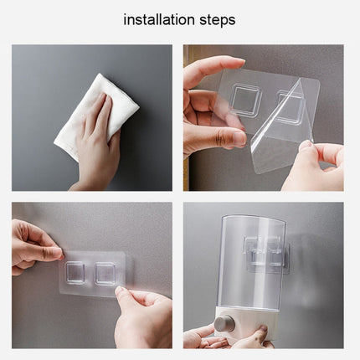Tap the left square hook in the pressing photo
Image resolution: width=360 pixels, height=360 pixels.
click(78, 270)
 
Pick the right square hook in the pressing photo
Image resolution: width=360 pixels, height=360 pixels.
click(106, 272)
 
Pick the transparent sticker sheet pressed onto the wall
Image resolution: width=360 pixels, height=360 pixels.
click(92, 275)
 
